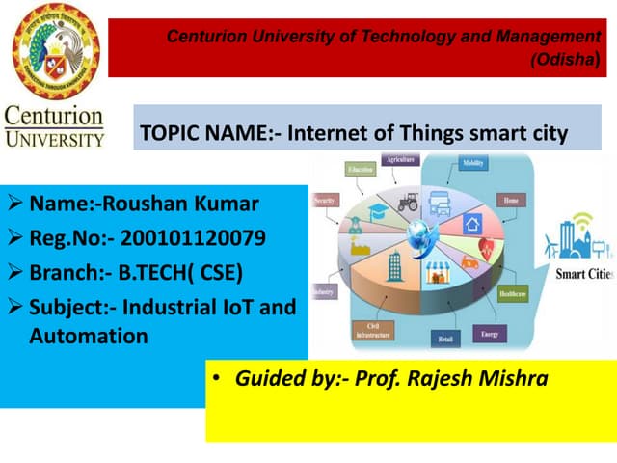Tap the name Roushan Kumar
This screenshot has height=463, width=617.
179,204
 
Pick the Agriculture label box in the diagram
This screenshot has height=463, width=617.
402,159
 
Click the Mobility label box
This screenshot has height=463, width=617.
473,165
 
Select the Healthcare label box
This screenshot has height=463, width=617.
512,292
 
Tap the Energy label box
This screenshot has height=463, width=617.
488,334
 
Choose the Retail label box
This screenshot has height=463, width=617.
445,340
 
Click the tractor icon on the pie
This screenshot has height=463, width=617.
405,202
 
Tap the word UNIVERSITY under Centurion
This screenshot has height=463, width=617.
55,138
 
